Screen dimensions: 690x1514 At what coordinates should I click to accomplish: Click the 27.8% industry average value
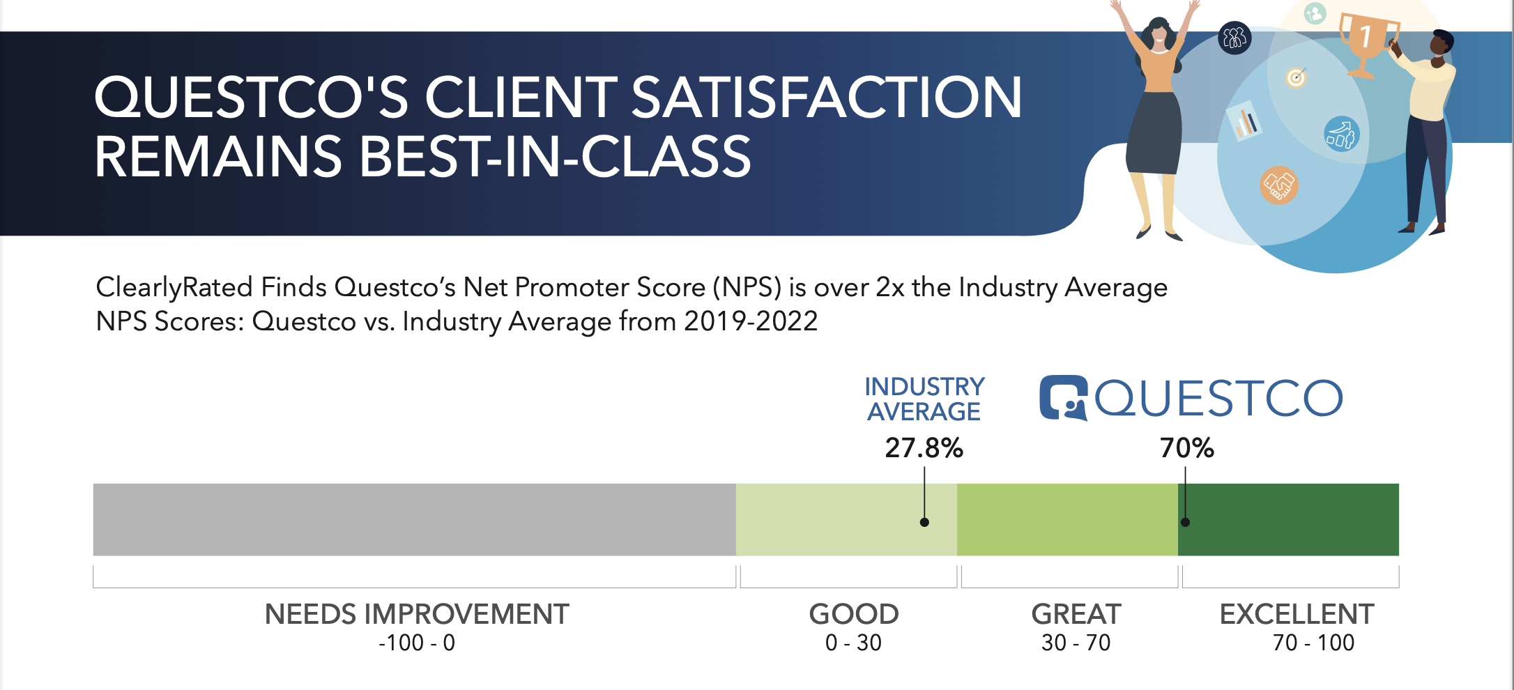click(924, 447)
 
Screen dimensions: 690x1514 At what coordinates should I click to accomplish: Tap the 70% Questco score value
click(1186, 447)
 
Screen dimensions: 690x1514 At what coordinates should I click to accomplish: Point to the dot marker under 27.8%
click(924, 522)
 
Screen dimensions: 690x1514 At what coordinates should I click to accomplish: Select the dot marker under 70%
click(1185, 522)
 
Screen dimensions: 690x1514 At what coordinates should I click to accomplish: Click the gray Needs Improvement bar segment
click(414, 519)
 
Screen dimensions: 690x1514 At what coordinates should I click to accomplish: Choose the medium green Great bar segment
click(1066, 519)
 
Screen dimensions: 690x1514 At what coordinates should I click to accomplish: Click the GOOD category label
click(853, 614)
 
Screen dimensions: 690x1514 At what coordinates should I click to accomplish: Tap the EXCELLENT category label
click(1297, 614)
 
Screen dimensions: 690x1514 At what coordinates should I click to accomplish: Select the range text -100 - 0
click(416, 643)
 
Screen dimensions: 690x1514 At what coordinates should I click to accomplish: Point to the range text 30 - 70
click(1076, 643)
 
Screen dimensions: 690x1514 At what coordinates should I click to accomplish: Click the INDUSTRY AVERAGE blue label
click(924, 399)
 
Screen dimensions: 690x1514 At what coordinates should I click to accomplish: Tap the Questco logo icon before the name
click(1063, 398)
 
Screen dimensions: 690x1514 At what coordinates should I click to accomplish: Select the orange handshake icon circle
click(1278, 185)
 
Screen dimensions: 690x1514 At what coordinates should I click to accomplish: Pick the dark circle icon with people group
click(1234, 38)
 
